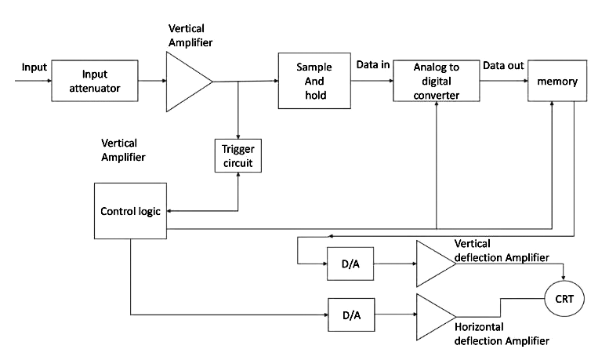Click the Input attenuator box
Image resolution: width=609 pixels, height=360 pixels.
pos(100,82)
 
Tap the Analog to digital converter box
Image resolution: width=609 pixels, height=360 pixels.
pos(436,82)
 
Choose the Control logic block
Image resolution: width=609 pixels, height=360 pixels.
pos(131,211)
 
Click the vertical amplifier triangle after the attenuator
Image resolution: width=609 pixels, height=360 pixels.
pos(187,81)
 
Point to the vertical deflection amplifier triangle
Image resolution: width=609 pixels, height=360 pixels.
pos(433,263)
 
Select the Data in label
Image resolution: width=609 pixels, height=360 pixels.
pos(373,65)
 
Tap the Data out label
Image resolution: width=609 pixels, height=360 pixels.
pos(503,65)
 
